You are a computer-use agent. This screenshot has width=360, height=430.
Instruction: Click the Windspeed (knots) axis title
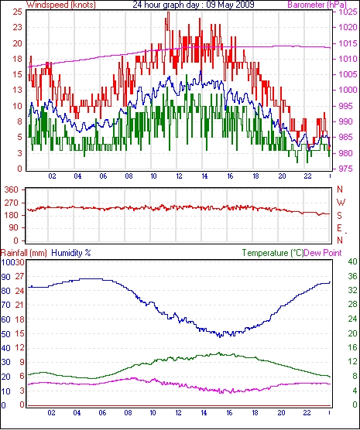(61, 5)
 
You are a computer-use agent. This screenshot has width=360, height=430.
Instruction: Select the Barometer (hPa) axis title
(317, 5)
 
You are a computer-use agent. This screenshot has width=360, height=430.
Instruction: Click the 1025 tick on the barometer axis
(348, 12)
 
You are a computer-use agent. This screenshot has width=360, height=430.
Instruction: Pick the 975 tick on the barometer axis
(345, 169)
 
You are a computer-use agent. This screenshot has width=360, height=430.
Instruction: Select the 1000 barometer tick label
(348, 90)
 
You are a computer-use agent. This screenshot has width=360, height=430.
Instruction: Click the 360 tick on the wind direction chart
(12, 189)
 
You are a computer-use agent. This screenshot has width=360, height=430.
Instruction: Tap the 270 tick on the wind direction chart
(12, 203)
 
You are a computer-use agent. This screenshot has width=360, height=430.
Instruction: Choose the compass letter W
(341, 203)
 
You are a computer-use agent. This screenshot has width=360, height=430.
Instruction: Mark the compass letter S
(340, 216)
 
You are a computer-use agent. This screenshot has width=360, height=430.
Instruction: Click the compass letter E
(339, 228)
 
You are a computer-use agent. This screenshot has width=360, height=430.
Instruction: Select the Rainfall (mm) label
(24, 253)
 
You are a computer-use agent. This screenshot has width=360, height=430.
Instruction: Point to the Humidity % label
(71, 253)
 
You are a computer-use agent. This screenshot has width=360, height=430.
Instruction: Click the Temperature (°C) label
(273, 253)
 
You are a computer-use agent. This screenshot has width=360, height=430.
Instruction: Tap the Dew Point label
(323, 253)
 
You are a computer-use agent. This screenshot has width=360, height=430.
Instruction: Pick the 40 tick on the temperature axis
(353, 261)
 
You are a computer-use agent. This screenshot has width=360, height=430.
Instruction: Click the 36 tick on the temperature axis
(353, 276)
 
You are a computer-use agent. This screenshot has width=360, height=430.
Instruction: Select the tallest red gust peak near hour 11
(168, 12)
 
